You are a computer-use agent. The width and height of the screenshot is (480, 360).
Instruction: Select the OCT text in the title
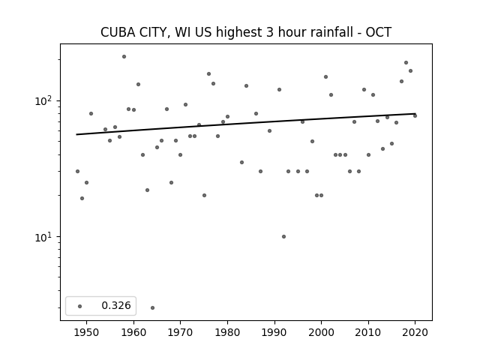[379, 32]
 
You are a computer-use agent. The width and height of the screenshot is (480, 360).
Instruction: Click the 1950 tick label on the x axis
[87, 332]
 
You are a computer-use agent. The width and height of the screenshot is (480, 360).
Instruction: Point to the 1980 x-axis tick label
[227, 332]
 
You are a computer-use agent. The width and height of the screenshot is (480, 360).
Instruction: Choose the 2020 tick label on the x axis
[415, 332]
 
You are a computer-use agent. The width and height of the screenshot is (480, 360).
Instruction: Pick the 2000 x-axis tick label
[321, 332]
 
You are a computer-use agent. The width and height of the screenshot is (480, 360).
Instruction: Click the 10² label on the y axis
[43, 100]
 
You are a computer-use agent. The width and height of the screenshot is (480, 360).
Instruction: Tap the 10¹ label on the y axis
[43, 236]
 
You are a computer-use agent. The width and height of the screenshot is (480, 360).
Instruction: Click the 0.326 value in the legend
[116, 305]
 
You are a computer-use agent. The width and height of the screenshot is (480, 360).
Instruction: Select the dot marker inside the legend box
[80, 306]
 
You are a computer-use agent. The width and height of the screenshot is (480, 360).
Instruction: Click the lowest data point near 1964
[152, 307]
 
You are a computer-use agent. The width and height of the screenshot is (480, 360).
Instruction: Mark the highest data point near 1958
[124, 57]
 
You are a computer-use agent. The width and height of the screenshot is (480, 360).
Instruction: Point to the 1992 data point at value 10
[283, 237]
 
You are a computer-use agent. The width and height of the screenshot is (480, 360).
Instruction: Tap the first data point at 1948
[77, 172]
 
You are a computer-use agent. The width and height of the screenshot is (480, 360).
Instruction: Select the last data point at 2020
[415, 115]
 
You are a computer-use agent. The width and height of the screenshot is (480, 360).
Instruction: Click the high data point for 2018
[406, 62]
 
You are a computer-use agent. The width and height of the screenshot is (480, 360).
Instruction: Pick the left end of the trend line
[76, 134]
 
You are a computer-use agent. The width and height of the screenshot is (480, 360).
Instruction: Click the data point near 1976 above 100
[208, 73]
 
